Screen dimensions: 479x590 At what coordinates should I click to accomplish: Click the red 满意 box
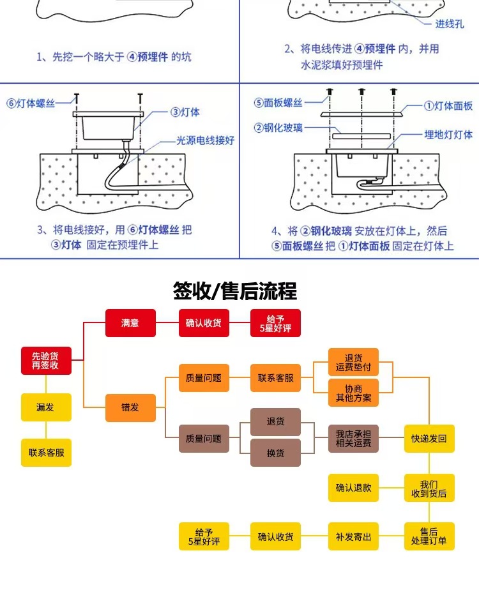(130, 323)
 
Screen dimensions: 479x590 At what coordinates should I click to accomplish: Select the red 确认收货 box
(204, 323)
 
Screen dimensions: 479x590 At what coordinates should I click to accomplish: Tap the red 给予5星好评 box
(275, 323)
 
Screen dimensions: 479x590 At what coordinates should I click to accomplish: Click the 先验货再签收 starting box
(46, 361)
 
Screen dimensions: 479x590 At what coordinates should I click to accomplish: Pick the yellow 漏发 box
(46, 407)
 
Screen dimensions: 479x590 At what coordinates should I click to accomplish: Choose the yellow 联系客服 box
(46, 452)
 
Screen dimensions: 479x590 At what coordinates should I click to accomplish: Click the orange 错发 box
(130, 407)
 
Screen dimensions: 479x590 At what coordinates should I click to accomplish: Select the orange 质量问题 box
(204, 378)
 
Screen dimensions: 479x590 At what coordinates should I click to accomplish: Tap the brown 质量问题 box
(204, 439)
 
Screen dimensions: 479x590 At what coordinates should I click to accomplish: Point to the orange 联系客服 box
(275, 378)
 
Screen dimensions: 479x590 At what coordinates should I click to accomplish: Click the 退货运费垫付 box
(353, 362)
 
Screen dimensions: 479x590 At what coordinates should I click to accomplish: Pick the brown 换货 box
(275, 453)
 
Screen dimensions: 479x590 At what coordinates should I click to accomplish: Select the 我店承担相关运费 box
(353, 439)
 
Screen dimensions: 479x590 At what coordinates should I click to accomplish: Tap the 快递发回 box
(429, 439)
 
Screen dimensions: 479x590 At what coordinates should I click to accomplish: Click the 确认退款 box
(353, 488)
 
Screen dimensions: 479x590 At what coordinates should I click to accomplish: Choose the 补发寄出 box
(353, 536)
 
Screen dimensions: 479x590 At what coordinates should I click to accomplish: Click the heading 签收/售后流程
(235, 291)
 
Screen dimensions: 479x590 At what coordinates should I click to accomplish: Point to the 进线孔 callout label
(449, 24)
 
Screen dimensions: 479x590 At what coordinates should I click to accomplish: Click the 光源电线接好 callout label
(206, 140)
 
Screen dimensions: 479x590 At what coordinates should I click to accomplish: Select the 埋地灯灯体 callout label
(448, 135)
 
